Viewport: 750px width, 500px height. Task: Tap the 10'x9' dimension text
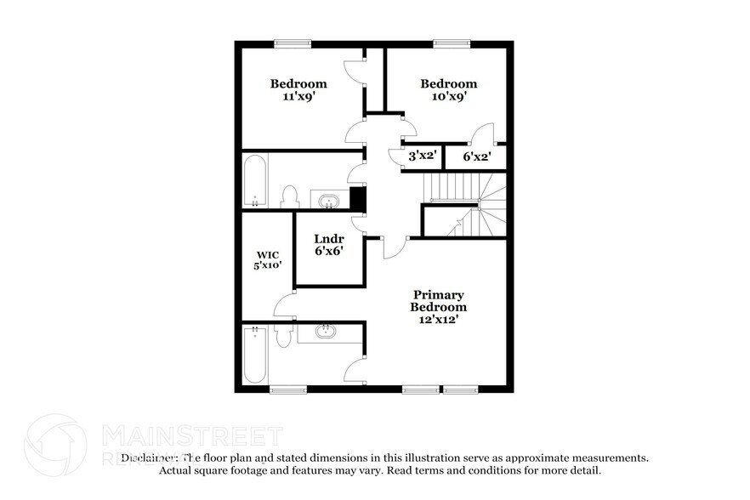[x=448, y=97]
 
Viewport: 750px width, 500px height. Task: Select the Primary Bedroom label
[x=439, y=300]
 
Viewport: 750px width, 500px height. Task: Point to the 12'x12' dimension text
[x=439, y=321]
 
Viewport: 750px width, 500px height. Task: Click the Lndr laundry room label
[x=327, y=239]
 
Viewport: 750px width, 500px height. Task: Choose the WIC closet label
[x=269, y=254]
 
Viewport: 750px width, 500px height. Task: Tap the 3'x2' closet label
[x=423, y=156]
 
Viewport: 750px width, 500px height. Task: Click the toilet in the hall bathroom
[x=289, y=196]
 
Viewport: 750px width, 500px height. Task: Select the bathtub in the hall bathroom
[x=255, y=180]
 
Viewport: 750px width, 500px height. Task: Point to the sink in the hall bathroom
[x=328, y=202]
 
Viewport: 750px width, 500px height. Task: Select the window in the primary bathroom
[x=287, y=389]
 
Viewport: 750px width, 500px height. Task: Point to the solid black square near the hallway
[x=357, y=199]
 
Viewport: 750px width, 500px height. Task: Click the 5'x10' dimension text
[x=269, y=266]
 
